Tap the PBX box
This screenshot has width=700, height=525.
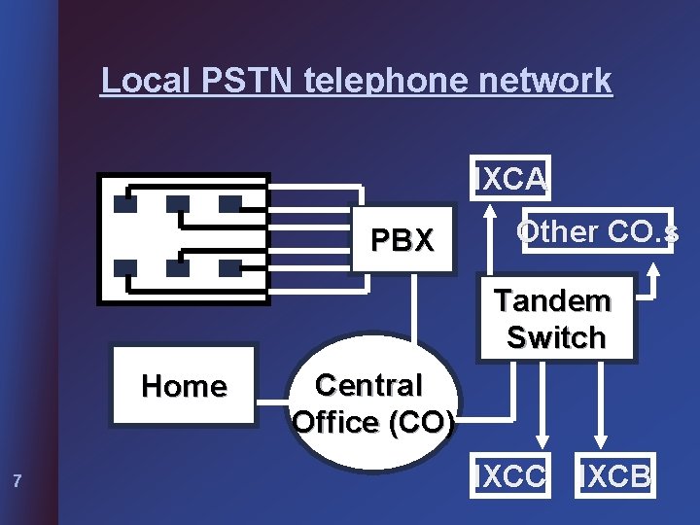[402, 240]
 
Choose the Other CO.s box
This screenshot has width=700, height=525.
[597, 232]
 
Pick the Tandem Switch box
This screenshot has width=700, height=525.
[555, 320]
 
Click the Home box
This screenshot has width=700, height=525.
[184, 386]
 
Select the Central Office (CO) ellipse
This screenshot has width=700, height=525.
[372, 403]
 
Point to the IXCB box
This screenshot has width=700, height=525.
[615, 476]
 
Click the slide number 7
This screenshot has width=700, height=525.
[17, 479]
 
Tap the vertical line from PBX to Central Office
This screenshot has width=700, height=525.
[414, 311]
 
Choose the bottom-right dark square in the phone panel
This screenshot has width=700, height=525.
[229, 267]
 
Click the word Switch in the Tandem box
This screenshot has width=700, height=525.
[555, 338]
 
